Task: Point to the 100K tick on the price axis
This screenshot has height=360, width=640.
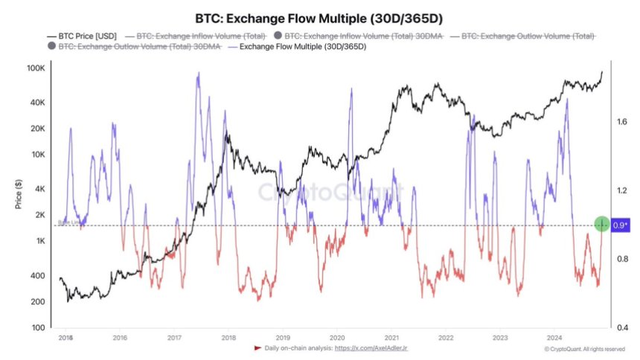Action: (37, 68)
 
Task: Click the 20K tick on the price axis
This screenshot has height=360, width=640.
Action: (39, 129)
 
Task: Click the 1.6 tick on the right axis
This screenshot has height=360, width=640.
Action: (621, 121)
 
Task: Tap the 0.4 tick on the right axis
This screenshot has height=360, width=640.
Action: (621, 327)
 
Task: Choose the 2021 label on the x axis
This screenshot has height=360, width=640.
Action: (391, 337)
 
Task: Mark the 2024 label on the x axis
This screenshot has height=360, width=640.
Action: (554, 337)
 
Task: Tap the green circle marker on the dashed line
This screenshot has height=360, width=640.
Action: (602, 224)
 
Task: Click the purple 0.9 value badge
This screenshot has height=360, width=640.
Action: (621, 225)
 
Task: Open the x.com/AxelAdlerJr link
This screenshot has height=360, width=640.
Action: (376, 348)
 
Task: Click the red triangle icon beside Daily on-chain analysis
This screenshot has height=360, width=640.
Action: (257, 348)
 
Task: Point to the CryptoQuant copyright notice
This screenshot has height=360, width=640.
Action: (584, 349)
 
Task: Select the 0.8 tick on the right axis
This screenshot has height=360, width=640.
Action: (621, 259)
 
